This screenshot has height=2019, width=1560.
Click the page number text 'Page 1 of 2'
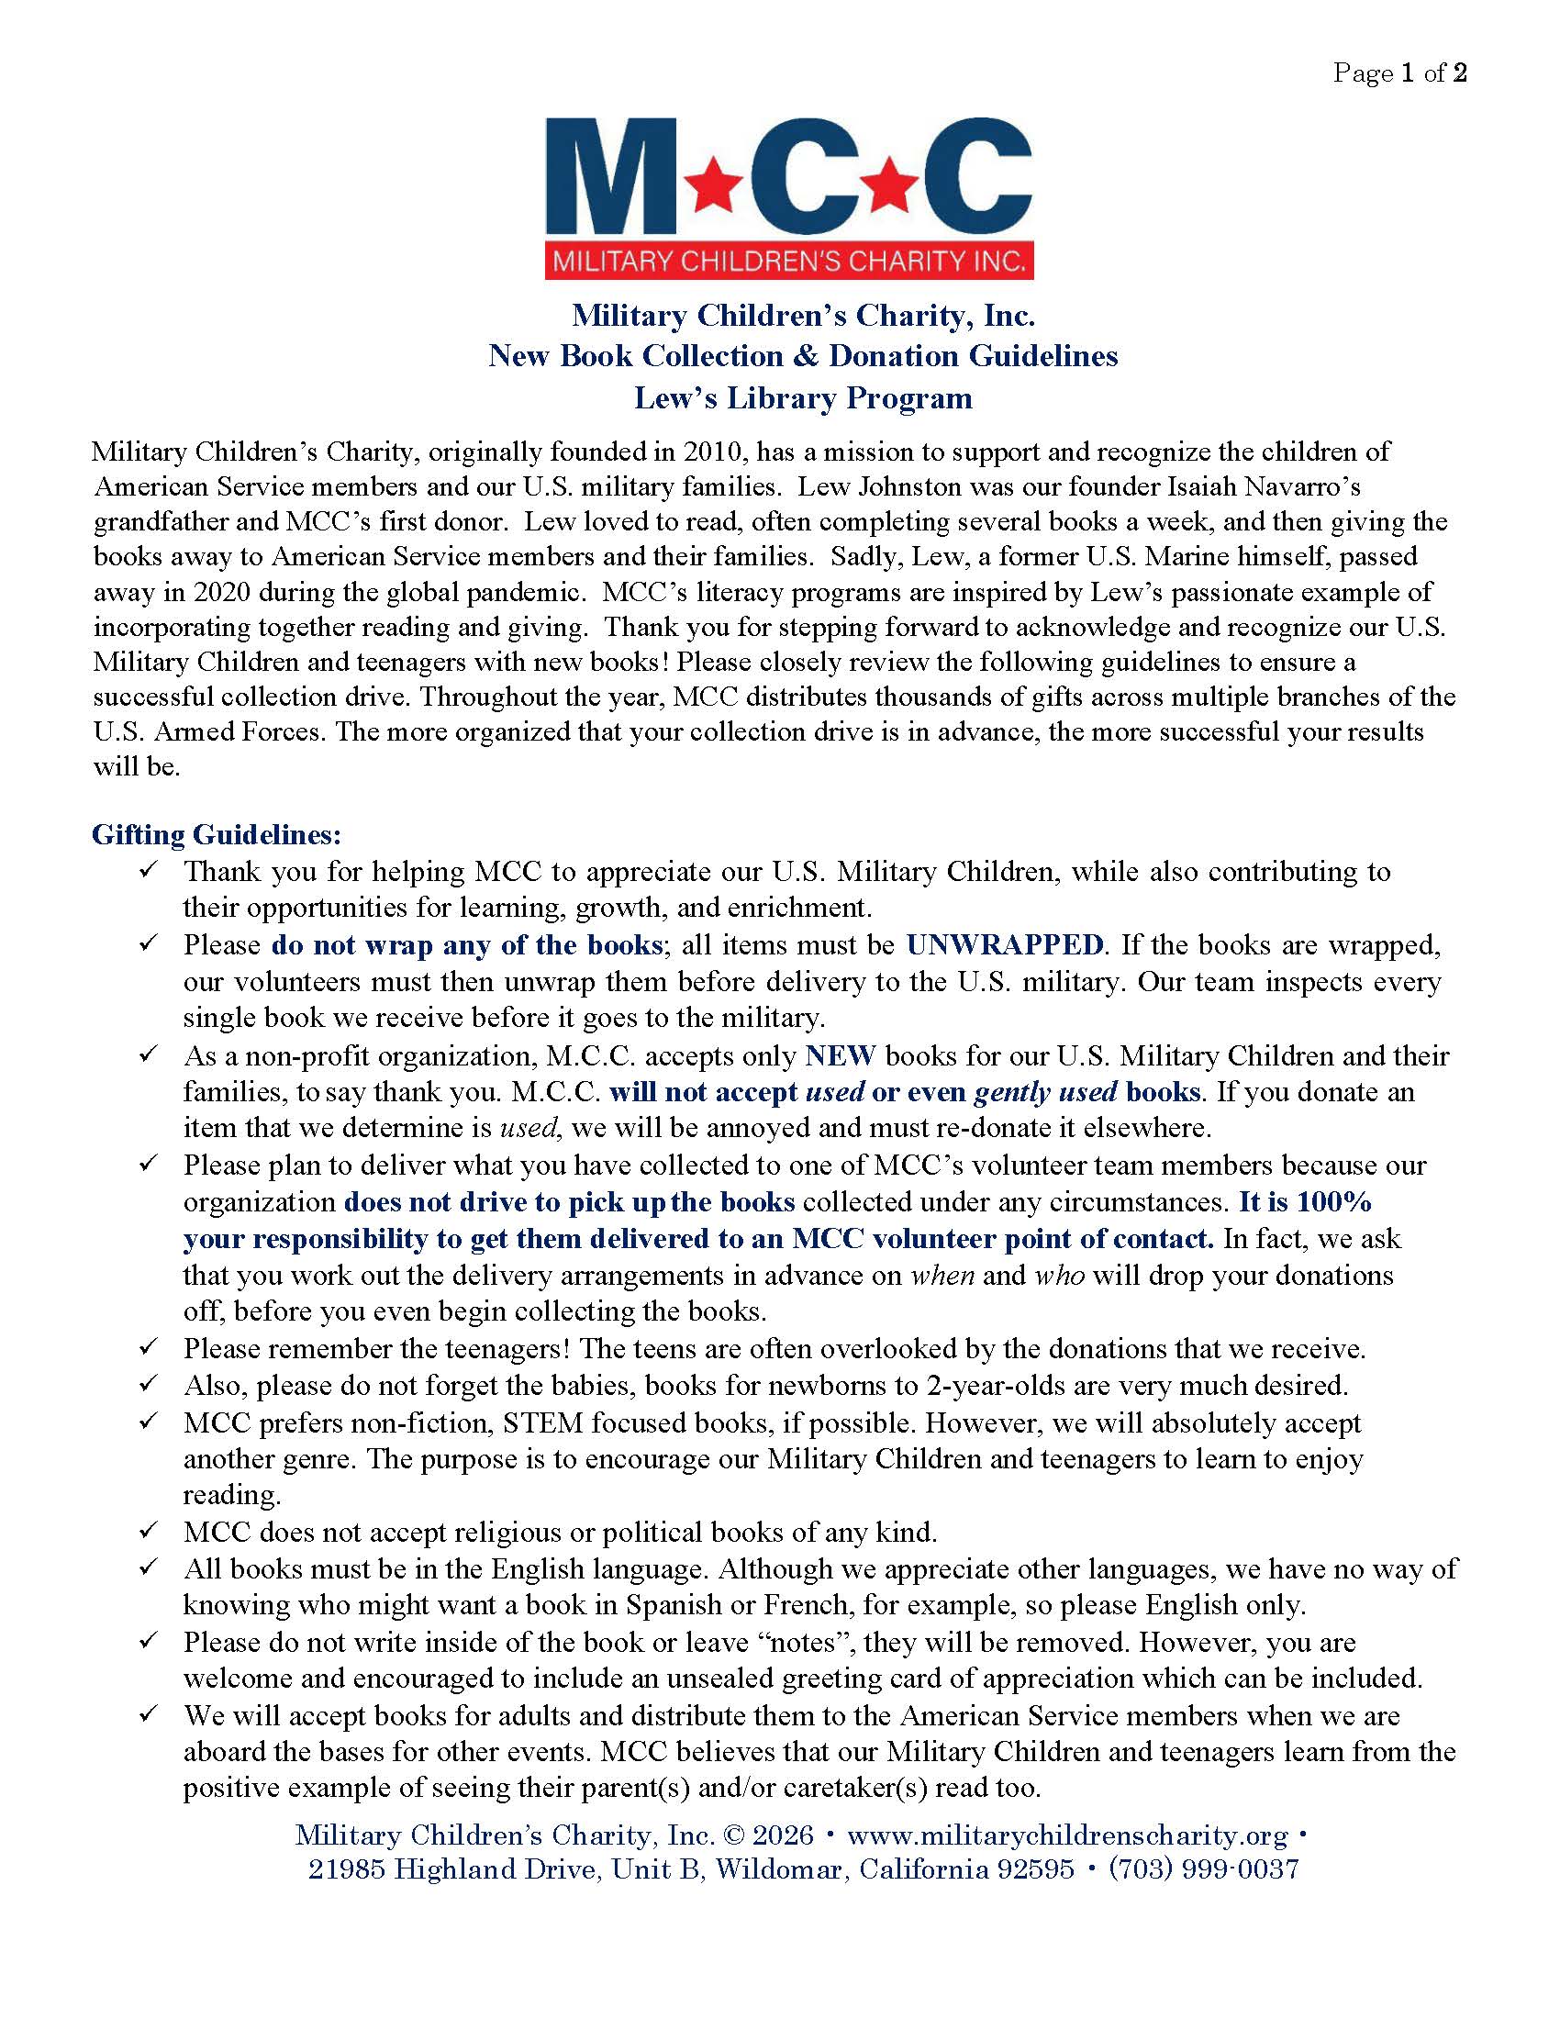coord(1399,74)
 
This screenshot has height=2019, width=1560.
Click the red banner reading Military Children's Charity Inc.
coord(788,262)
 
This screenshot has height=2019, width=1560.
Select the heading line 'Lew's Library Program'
coord(803,398)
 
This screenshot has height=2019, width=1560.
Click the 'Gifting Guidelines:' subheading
coord(217,835)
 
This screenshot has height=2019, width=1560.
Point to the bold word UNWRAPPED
coord(1005,944)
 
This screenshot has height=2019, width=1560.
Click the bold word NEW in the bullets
coord(840,1055)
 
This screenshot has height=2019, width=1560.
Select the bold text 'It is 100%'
coord(1305,1202)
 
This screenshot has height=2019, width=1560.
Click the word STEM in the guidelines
coord(535,1422)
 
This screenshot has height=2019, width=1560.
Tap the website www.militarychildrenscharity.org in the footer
coord(1066,1835)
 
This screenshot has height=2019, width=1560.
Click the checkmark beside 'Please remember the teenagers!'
coord(149,1348)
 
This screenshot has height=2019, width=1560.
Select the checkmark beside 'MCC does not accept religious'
coord(149,1532)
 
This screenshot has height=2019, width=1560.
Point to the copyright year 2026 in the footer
coord(784,1835)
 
